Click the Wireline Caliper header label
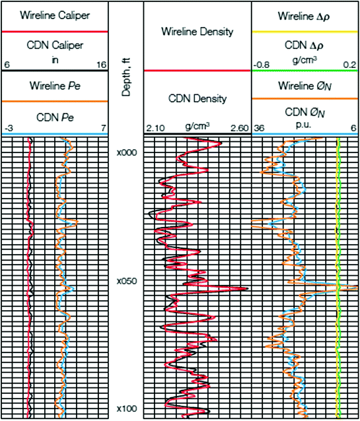tap(54, 14)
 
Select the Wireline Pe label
tap(54, 85)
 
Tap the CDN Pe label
tap(54, 117)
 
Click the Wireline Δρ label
tap(305, 14)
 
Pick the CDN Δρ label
tap(305, 48)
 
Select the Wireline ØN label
tap(305, 85)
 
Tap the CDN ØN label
tap(305, 113)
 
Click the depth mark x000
tap(126, 152)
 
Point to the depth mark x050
tap(126, 281)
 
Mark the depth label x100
tap(126, 410)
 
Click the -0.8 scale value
tap(263, 65)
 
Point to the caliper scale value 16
tap(101, 65)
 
